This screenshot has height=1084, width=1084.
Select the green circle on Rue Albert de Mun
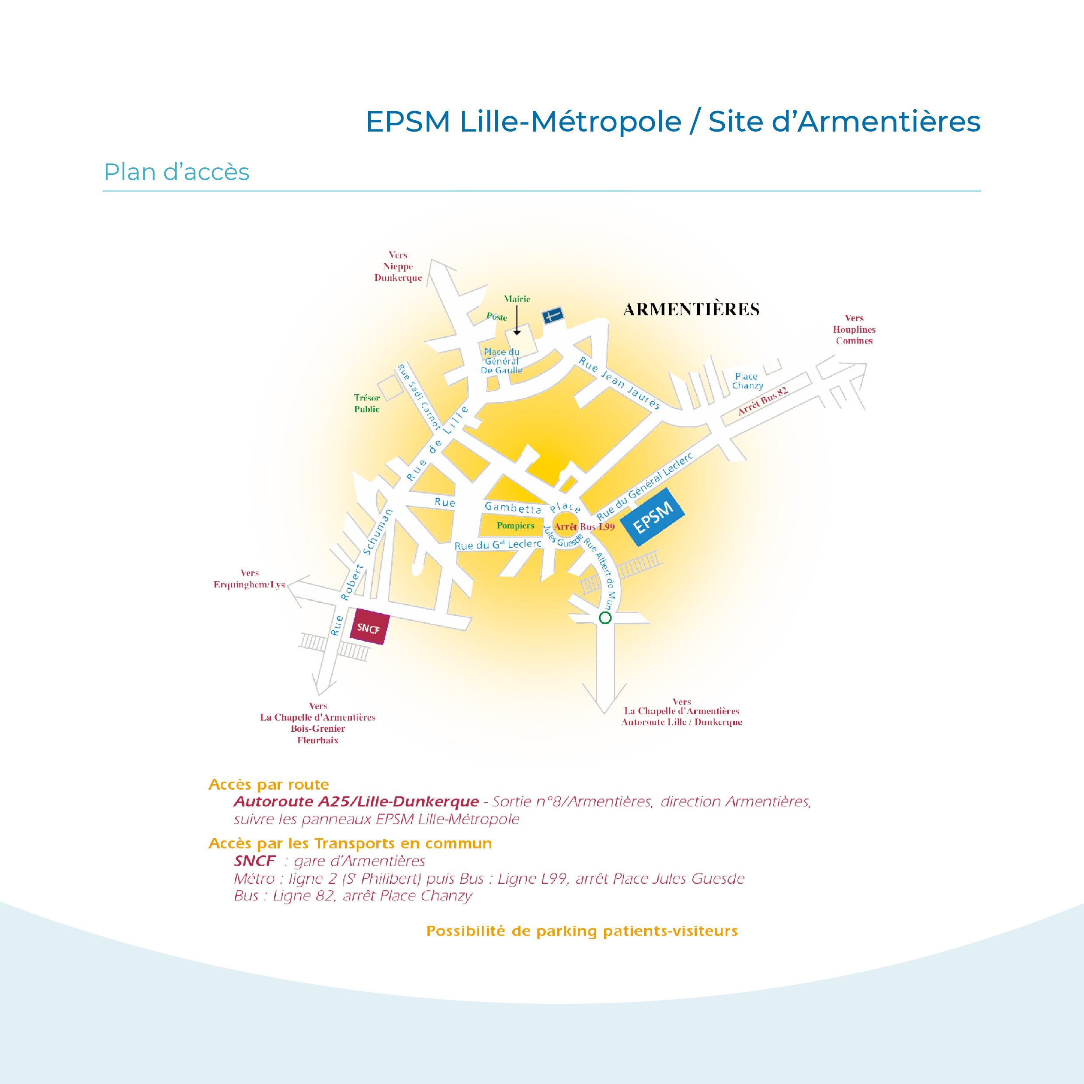(x=605, y=618)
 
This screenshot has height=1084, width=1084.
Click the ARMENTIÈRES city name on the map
(x=691, y=309)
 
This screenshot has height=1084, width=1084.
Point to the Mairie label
(x=516, y=299)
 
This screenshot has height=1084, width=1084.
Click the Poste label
(x=497, y=317)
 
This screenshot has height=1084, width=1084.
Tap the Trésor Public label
(x=366, y=403)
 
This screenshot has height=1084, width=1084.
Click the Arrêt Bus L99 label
(x=584, y=527)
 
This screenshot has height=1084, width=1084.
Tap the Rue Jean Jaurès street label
(x=619, y=382)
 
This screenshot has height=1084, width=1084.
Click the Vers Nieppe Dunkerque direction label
(x=398, y=267)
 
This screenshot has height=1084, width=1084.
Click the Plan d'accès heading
(x=177, y=172)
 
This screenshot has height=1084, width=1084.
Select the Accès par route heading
(x=268, y=785)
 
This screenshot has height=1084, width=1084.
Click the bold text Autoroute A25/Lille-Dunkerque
(x=356, y=802)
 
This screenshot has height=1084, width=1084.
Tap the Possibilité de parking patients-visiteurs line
(x=582, y=931)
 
